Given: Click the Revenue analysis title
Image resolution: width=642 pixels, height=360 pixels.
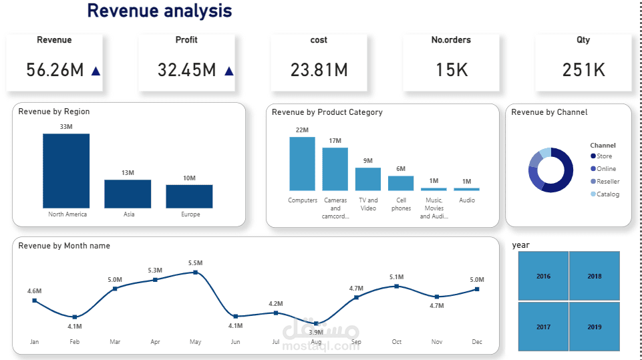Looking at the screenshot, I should coord(160,11).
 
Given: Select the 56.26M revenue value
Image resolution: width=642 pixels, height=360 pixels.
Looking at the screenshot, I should coord(55,69).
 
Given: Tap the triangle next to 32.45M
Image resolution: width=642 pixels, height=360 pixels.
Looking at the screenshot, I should coord(229,70).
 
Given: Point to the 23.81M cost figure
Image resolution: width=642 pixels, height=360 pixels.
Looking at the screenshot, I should coord(319,69).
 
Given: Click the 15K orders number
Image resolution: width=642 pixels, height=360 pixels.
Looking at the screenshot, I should coord(451,69).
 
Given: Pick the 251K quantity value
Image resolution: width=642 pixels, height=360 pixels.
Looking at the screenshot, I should coord(583,69).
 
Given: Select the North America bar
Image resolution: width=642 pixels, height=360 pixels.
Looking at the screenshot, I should coord(66,170).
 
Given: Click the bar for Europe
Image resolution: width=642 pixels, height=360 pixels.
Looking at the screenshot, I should coord(189,196).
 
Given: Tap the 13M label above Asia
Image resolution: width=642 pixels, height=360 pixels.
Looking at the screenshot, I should coord(128,173).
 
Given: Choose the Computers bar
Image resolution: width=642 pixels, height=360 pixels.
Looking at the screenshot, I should coord(302,164).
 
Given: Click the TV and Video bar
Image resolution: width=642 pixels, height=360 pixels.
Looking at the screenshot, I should coord(367,179).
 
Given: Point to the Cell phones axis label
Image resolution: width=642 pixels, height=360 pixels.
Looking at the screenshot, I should coord(401,204).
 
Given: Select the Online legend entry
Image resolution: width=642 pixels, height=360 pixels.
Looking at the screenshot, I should coord(606,169).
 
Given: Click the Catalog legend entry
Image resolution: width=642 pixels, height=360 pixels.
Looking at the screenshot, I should coord(607,194).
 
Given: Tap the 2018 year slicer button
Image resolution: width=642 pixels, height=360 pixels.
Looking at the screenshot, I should coord(594,276).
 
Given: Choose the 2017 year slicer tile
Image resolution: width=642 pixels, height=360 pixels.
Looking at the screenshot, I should coord(543,327).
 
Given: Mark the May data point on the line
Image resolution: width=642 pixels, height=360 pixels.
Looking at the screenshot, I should coord(195,272).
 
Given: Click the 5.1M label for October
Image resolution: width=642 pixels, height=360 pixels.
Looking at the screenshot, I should coord(396,277).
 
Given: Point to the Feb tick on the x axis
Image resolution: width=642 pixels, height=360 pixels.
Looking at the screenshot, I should coord(75,341).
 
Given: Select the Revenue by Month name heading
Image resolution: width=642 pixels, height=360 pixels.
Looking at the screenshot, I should coord(64,246).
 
